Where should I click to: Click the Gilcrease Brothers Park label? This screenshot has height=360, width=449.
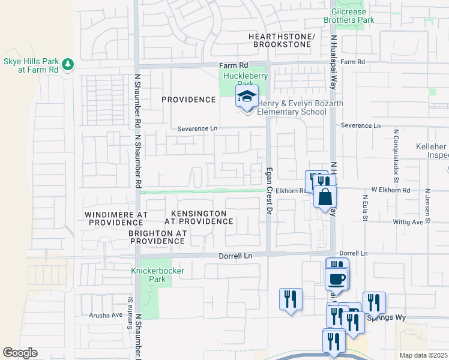pos(349,16)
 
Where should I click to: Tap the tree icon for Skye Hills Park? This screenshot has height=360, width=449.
pos(68,64)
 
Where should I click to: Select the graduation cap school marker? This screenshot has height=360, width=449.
pos(246,96)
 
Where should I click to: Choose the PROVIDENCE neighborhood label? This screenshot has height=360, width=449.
pos(188,100)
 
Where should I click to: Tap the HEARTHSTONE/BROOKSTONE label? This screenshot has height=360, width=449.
pos(282,41)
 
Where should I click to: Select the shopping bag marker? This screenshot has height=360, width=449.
pos(325,197)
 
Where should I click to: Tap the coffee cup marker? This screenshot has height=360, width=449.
pos(336,279)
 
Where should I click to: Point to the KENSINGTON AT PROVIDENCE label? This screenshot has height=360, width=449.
pos(202,217)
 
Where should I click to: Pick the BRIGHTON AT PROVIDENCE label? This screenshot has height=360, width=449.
pos(157,237)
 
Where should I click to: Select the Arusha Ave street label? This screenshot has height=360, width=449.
pos(106,314)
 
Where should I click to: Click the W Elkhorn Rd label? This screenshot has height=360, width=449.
pos(391,190)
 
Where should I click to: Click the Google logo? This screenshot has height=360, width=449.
pos(20,353)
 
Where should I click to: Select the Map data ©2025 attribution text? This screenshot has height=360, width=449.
pos(423,355)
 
